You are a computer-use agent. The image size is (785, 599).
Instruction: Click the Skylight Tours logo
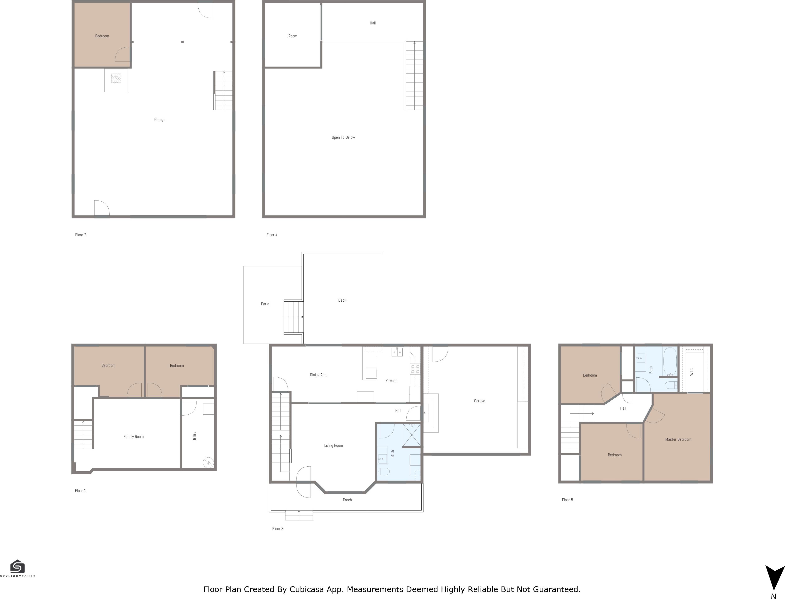pos(18,567)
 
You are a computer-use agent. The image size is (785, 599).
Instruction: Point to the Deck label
pos(342,300)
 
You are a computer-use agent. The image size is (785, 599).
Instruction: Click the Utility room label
pos(195,437)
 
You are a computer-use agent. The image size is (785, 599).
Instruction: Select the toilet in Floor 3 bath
pos(383,471)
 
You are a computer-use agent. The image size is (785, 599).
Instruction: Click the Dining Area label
pos(318,375)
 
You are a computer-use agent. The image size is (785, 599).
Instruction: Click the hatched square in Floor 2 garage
pos(116,78)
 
